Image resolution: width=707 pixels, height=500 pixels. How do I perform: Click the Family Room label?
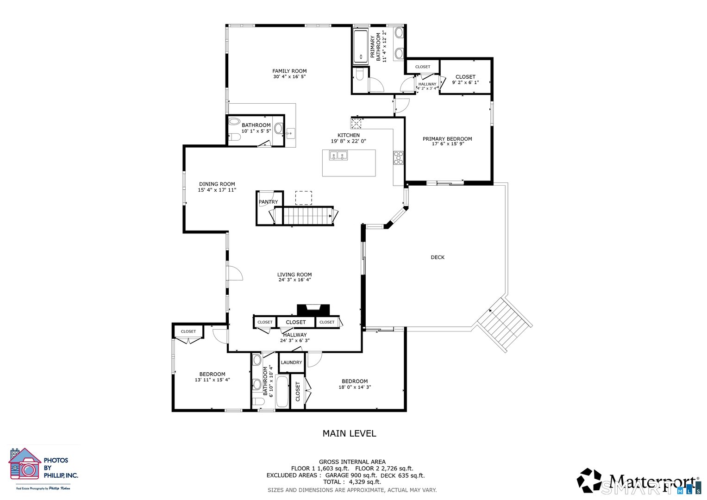pos(289,71)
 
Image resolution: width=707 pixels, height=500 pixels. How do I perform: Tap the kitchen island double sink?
pos(338,156)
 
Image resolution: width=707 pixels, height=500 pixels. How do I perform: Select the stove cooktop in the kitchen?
pos(398,158)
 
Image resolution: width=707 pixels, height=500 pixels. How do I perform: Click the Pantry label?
pos(268,202)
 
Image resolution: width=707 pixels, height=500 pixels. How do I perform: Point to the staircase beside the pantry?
pos(306,215)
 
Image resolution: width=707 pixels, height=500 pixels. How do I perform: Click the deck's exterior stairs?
pos(504,324)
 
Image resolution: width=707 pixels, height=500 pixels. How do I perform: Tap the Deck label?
pos(438,257)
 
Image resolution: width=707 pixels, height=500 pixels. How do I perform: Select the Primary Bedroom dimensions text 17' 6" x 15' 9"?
pos(448,144)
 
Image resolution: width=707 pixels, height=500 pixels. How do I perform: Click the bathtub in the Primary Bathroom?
pos(361,46)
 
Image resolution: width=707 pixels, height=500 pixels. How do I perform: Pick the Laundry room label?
pos(291,362)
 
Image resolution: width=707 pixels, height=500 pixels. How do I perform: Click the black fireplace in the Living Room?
pos(313,310)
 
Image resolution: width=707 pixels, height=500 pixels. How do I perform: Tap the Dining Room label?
pos(217,184)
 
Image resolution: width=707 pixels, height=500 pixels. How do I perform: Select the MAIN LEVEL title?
pos(349,434)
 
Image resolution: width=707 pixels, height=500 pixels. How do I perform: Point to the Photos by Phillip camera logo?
pos(25,464)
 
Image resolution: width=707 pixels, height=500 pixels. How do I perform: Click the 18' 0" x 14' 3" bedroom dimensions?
pos(355,387)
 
